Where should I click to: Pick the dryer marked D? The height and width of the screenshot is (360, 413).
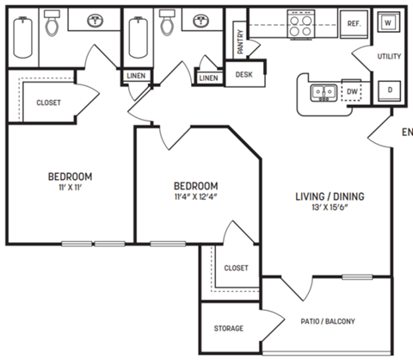point(389,89)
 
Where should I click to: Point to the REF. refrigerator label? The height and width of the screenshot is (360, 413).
point(353,24)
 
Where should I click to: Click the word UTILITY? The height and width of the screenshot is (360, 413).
point(389,56)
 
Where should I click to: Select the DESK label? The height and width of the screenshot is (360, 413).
point(243,76)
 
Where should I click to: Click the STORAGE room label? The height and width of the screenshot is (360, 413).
point(229,328)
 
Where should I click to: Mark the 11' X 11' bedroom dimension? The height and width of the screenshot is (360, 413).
point(70,187)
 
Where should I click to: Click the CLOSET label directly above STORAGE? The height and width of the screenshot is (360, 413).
point(236,268)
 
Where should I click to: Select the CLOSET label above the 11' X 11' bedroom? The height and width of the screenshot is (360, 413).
point(48,102)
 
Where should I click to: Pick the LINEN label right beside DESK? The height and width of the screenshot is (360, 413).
point(208,78)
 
